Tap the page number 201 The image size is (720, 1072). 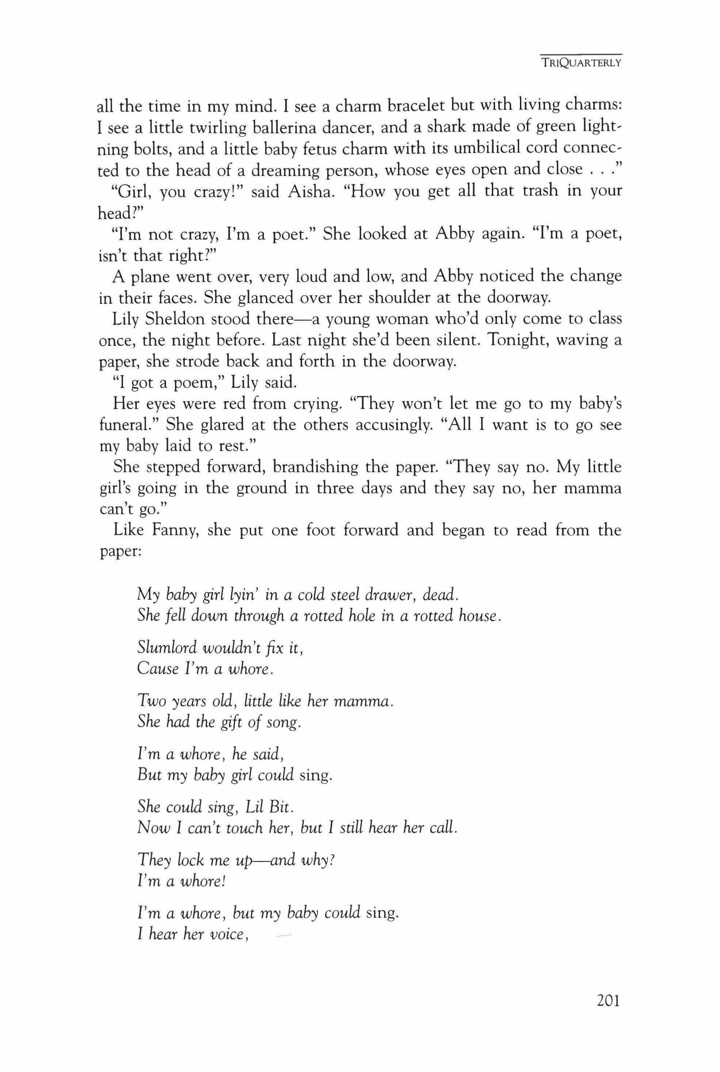pyautogui.click(x=608, y=1000)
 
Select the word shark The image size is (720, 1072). pyautogui.click(x=445, y=127)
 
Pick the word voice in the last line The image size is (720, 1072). pyautogui.click(x=225, y=933)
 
